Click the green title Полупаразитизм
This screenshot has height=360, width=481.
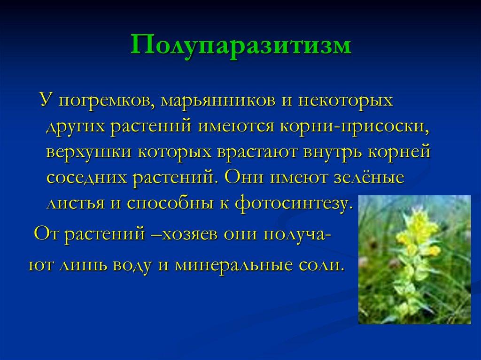point(241,46)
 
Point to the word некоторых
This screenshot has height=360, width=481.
point(345,100)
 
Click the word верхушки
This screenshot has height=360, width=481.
point(89,152)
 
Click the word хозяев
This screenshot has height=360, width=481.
point(189,234)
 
